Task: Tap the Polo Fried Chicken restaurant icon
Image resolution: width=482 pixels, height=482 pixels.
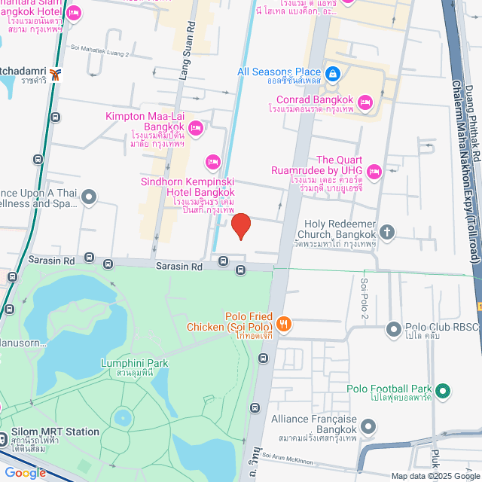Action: (x=284, y=324)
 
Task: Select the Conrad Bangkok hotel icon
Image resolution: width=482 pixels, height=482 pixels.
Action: (x=365, y=102)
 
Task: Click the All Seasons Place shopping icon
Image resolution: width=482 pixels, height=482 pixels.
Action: (x=334, y=73)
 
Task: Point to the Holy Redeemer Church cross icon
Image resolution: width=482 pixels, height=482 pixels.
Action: (x=387, y=231)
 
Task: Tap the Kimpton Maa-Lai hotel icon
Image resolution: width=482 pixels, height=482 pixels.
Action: (x=195, y=128)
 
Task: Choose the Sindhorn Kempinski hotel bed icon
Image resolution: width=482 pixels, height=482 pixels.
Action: (x=213, y=161)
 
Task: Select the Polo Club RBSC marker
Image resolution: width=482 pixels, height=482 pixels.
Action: (x=393, y=328)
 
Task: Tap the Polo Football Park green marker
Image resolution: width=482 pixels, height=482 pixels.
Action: (x=443, y=390)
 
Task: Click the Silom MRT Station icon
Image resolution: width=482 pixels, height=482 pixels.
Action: (x=5, y=438)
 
